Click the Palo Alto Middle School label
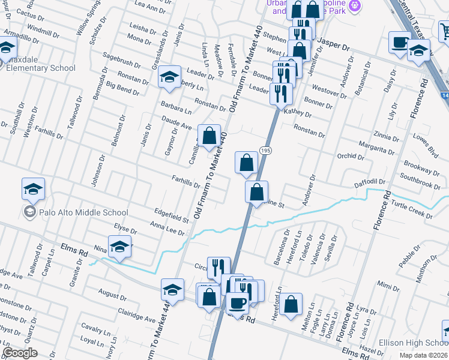pos(83,212)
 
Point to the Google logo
pos(20,353)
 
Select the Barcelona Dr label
pos(277,247)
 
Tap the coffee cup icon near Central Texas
pos(399,43)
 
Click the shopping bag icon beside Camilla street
pos(209,136)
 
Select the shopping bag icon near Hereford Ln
pos(291,304)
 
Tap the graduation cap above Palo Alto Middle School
pos(34,189)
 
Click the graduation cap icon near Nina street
pos(120,247)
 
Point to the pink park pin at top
pos(355,6)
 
